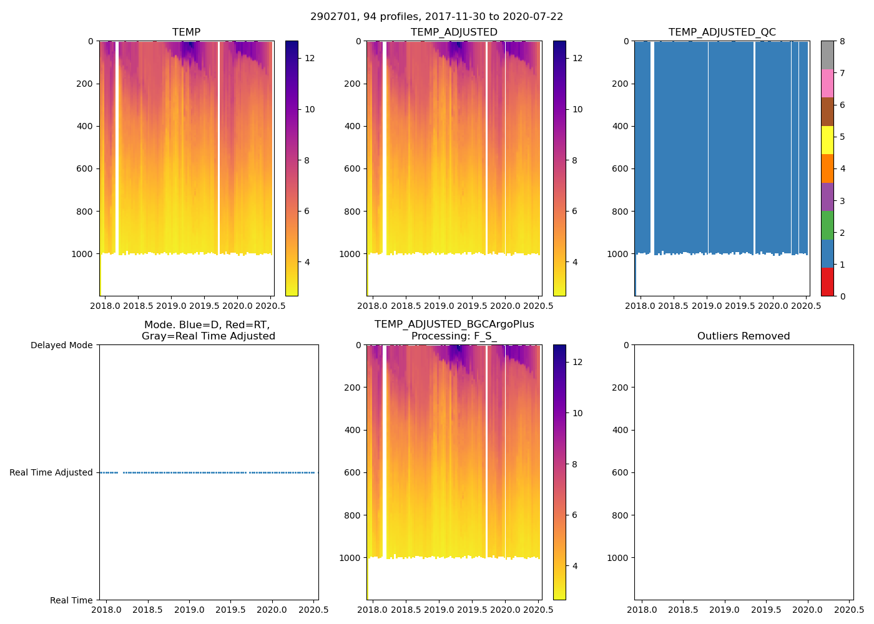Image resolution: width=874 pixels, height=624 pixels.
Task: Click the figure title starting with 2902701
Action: tap(436, 17)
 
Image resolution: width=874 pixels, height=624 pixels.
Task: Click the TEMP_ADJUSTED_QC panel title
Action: tap(722, 32)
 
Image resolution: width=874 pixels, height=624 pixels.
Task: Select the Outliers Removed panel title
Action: tap(743, 336)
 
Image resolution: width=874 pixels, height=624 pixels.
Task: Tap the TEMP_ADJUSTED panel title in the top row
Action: tap(454, 32)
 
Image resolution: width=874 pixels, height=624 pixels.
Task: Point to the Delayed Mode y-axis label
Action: tap(61, 345)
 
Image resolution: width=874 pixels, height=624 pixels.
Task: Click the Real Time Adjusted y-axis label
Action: tap(51, 472)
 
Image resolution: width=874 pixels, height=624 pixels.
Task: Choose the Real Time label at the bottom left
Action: tap(71, 600)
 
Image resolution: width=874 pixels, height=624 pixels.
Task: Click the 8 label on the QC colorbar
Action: tap(842, 41)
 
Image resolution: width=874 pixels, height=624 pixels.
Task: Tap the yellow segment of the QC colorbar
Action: tap(827, 140)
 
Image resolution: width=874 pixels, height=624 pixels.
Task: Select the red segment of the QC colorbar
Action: tap(827, 282)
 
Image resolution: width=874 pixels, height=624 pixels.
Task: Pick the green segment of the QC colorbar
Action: tap(827, 225)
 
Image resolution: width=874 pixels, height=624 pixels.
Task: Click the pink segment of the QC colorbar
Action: tap(827, 83)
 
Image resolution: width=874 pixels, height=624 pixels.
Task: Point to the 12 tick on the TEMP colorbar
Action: tap(310, 58)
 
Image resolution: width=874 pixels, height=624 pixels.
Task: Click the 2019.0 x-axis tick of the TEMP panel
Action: tap(171, 306)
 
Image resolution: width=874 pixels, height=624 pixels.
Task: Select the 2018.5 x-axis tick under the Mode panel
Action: tap(147, 610)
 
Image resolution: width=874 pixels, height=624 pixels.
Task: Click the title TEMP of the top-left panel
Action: tap(186, 32)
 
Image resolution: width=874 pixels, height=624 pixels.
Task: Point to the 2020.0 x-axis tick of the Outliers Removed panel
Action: tap(807, 610)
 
